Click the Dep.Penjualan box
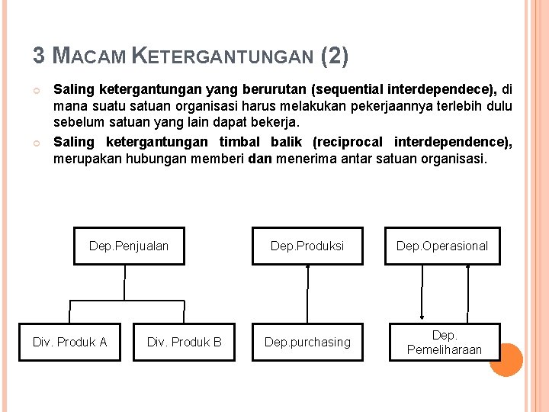129,246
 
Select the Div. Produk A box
70,342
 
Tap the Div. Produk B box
185,342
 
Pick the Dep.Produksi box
307,246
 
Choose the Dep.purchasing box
307,342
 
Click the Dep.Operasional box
442,246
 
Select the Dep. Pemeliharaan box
445,342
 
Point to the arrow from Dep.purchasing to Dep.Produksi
307,294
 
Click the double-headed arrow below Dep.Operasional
422,294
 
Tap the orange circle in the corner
506,359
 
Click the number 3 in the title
38,56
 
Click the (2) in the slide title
335,56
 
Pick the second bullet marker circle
37,143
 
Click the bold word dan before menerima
260,159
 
